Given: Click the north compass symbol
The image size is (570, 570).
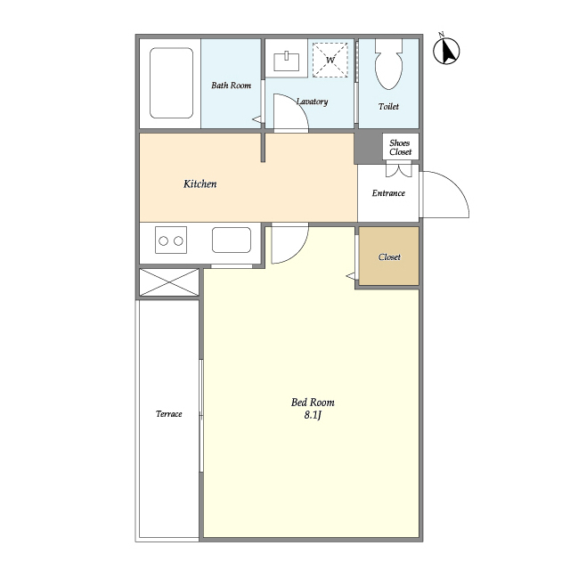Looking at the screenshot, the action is click(446, 50).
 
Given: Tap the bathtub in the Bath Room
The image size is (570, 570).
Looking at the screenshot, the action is click(171, 83).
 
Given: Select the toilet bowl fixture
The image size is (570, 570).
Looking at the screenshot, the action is click(388, 64).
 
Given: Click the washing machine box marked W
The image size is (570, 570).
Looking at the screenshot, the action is click(330, 60).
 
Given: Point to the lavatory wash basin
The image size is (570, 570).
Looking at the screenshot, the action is click(287, 61).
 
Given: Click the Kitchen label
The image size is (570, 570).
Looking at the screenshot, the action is click(199, 184).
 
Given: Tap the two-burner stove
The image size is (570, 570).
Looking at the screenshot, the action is click(171, 240).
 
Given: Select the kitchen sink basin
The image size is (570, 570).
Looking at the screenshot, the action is click(232, 240).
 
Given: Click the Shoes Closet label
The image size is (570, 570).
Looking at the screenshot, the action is click(400, 147).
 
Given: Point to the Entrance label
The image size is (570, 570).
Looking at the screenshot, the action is click(388, 193).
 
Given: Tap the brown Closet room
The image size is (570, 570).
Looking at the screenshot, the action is click(389, 256).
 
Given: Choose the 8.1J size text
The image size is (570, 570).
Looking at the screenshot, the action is click(313, 415).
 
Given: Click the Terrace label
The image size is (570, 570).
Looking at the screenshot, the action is click(168, 413).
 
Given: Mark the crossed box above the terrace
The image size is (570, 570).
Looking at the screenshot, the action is click(169, 282).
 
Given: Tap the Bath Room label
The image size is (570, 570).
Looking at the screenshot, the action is click(232, 85).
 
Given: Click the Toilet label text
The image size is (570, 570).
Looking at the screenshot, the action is click(388, 107).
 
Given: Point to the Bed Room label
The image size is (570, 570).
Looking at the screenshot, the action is click(313, 402).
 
